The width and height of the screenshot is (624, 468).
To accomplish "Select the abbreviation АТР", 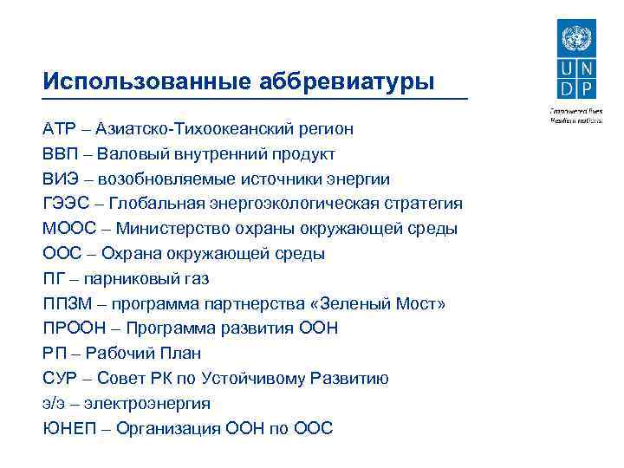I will point(60,129).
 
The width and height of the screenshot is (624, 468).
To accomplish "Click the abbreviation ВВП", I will point(60,154).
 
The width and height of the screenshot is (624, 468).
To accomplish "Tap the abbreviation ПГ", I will point(53,279).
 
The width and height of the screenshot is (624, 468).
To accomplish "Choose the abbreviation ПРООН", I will point(72,328).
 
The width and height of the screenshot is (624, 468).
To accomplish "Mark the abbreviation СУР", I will point(60,379).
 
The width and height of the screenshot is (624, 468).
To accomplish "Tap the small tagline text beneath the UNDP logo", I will point(573,115).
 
